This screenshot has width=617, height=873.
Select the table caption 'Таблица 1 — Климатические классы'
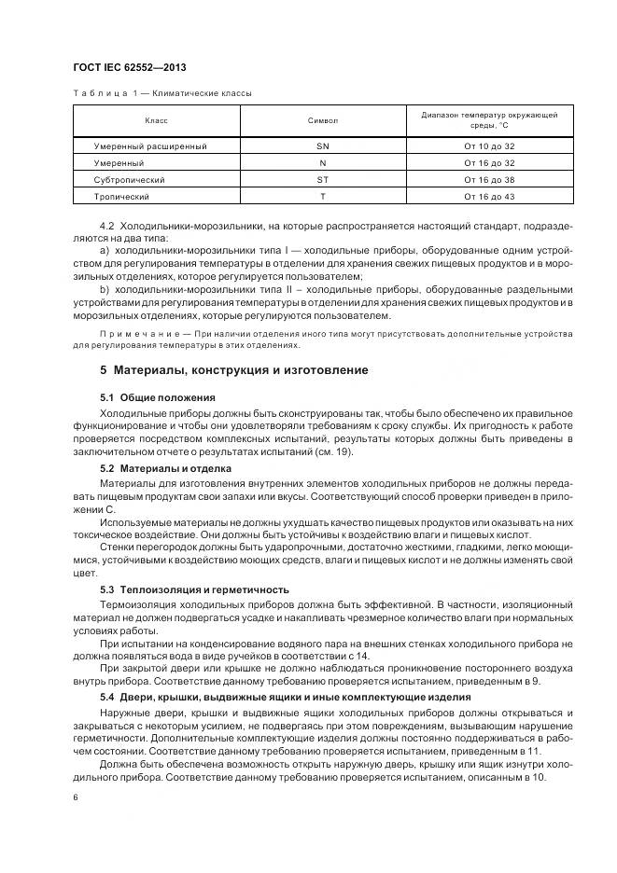tap(161, 94)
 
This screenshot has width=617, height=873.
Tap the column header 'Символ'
tap(322, 120)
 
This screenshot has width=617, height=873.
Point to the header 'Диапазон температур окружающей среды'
tap(489, 119)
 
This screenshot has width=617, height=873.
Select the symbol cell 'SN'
tap(322, 146)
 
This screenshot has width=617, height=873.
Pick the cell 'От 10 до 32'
tap(489, 146)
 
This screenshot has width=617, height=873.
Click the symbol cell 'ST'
tap(322, 180)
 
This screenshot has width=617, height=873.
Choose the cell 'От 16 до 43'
tap(489, 197)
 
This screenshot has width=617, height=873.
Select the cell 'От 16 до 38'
tap(489, 180)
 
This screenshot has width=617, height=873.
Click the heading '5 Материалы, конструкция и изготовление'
tap(233, 370)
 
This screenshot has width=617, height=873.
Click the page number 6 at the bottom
tap(75, 798)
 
